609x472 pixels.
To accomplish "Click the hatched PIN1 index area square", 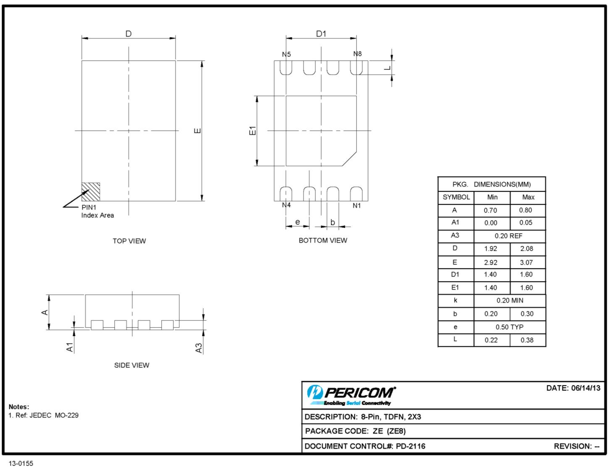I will [91, 192].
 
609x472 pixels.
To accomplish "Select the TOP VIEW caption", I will [129, 241].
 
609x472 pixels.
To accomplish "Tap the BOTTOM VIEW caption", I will [323, 240].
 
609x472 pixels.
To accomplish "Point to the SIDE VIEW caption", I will [131, 365].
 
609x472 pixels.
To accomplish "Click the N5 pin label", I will [286, 54].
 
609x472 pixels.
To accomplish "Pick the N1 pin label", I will [357, 206].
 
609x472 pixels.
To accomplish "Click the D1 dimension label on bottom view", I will [321, 34].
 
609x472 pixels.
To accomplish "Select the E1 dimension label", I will [252, 130].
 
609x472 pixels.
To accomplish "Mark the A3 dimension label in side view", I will [199, 348].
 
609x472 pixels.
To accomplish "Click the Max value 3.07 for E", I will [526, 262].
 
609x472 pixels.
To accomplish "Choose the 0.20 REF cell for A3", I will [509, 236].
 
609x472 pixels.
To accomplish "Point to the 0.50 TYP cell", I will [509, 327].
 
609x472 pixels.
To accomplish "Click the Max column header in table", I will [528, 197].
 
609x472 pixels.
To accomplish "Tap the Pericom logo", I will [351, 395].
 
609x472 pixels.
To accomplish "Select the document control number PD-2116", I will [410, 446].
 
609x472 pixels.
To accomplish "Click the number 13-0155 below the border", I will [21, 464].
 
